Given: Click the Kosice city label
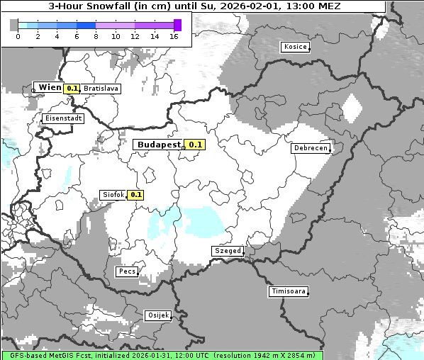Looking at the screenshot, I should pos(295,47).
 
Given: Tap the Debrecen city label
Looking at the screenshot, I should pos(310,148).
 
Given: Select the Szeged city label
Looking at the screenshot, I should pos(228,251).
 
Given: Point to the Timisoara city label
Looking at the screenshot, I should pos(288,291).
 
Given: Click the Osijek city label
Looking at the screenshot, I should pos(157,315).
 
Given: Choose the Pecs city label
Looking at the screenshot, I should pos(127,271).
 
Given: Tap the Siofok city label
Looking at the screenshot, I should pos(113,194).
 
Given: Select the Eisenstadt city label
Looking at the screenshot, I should pos(63,118).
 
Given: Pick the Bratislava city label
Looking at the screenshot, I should pos(101,89).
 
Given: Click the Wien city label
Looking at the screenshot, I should pos(50,87).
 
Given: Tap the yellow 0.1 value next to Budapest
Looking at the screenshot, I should pos(194,145).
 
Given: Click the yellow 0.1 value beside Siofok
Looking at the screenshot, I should pos(135,194).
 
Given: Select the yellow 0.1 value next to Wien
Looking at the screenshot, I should pos(72,89).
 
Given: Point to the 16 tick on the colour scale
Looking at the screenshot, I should pos(173,35).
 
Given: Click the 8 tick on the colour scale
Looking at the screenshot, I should pos(96,35).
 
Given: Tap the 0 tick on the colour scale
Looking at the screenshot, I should pos(18,35).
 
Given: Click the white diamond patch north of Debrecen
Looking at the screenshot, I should pos(352,108).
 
